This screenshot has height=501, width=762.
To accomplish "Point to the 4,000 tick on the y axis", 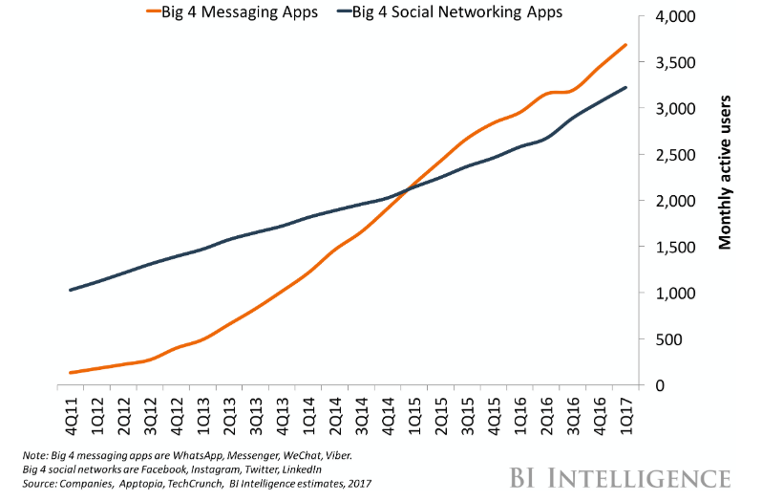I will pos(673,18).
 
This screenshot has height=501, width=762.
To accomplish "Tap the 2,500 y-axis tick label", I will pos(673,156).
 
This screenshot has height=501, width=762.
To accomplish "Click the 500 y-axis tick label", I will pos(681,339).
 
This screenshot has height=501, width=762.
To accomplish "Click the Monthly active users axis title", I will pos(726,172).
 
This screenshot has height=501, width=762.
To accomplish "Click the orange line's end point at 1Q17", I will pos(626,45).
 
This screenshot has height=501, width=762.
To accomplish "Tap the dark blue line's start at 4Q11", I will pos(71,290).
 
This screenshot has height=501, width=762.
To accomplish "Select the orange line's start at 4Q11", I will pos(71,373).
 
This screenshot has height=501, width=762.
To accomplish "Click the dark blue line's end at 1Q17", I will pos(626,88).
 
